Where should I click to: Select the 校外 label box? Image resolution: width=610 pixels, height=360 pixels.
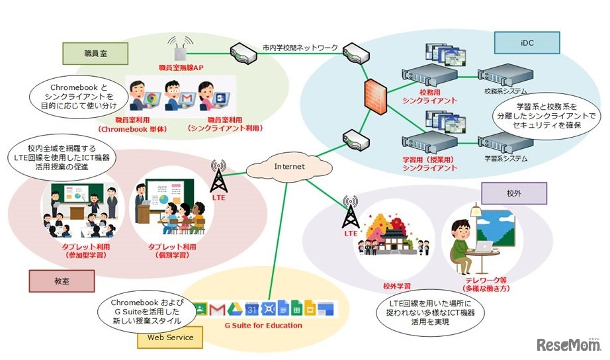pos(513,193)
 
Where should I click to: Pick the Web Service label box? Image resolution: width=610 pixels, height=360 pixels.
pos(170,338)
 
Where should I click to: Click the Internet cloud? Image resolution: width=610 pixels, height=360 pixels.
pos(290,167)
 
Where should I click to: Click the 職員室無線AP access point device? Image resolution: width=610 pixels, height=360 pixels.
pos(177,52)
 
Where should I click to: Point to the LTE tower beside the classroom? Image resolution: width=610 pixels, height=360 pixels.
pos(218,177)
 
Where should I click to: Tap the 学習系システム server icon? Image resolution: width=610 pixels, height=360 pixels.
pos(505,142)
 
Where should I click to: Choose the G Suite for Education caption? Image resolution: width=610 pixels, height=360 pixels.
pos(264,325)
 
